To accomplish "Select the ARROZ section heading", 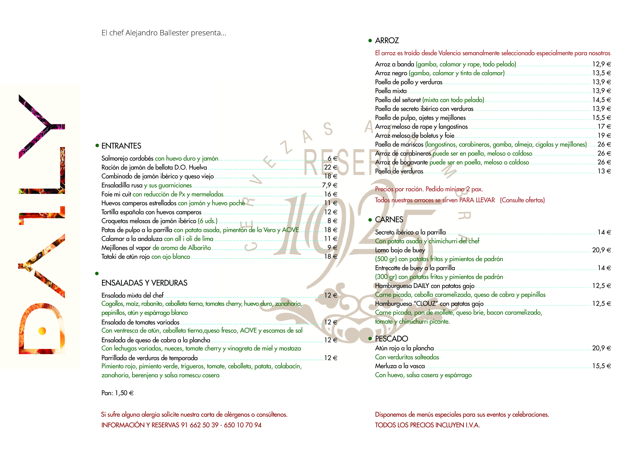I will coord(387,41).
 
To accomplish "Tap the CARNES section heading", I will coord(389,220).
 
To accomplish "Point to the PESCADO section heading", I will coord(391,339).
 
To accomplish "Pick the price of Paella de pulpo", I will coord(601,118).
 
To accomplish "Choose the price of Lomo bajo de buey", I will coord(601,250).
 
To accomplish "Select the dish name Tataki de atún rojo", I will coord(125,257).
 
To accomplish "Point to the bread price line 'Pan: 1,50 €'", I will coord(117,393).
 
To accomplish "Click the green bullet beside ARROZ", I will coord(370,41).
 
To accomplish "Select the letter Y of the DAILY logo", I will coord(41,126).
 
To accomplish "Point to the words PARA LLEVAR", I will coord(477,200).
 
